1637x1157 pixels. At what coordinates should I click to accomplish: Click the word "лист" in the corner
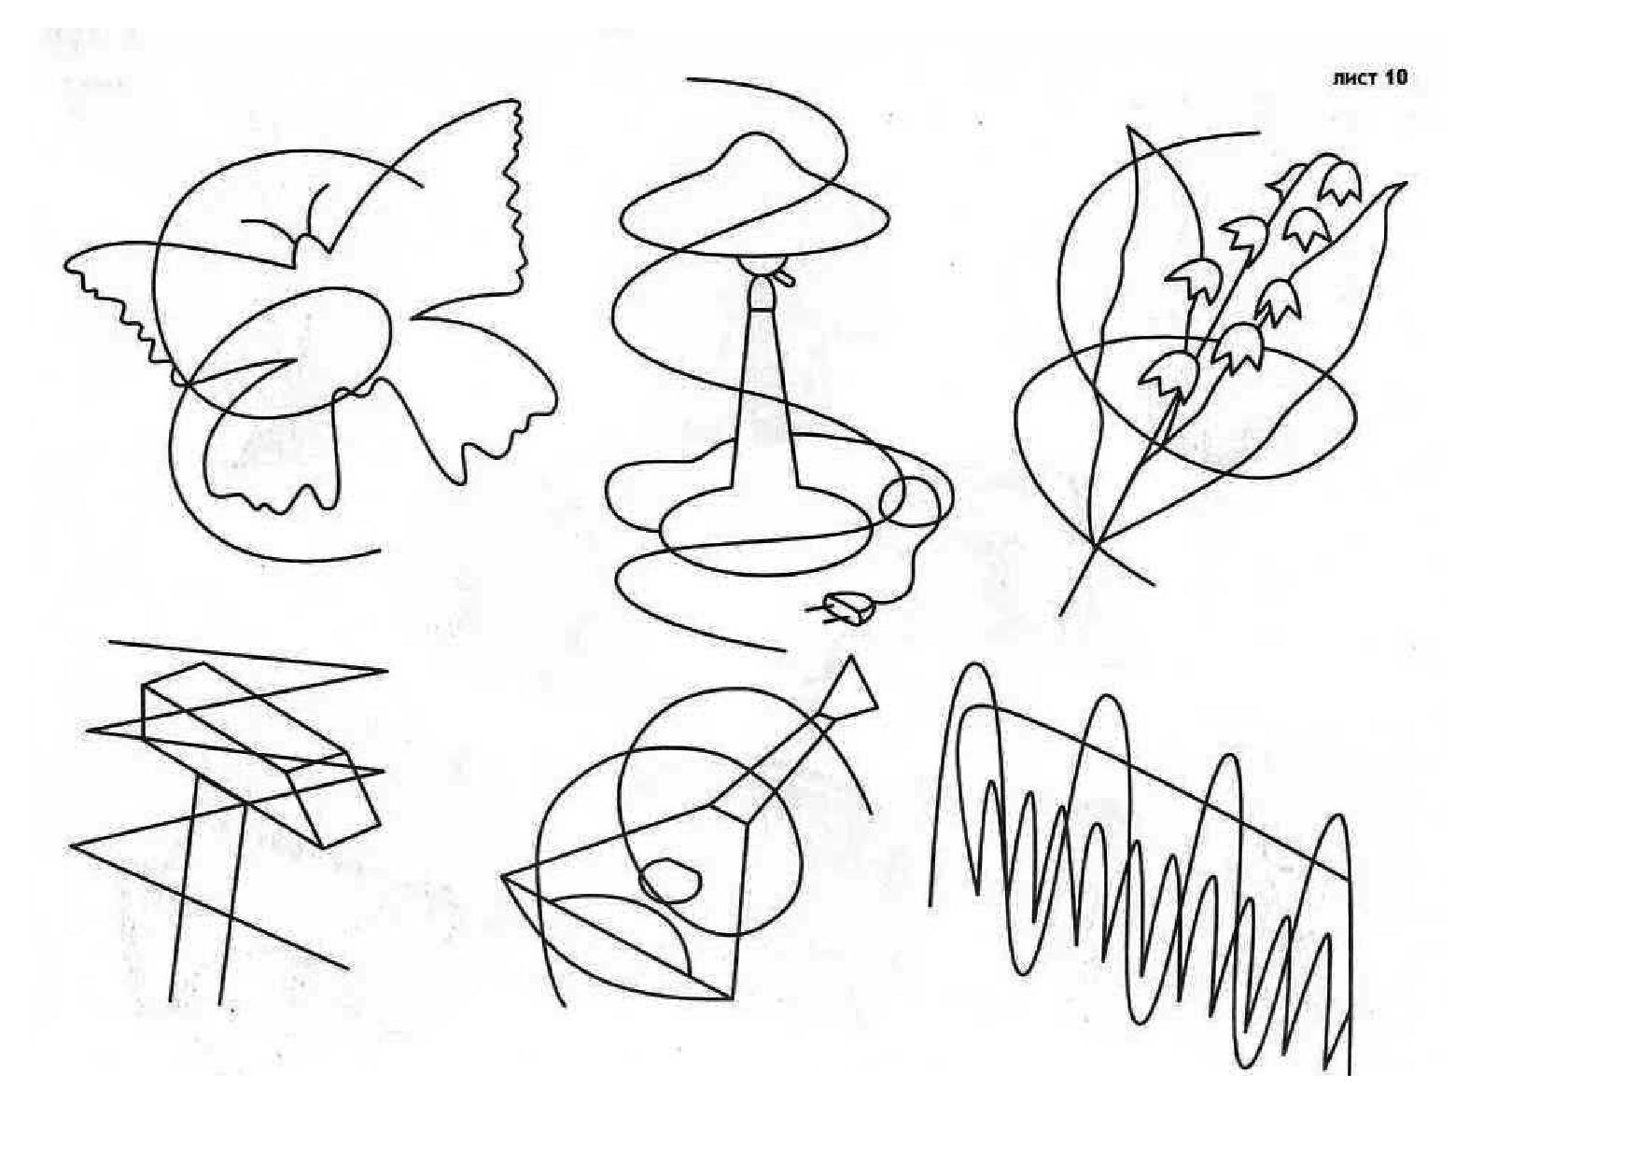tap(1352, 78)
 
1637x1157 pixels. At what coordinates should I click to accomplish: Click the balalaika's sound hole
tap(669, 879)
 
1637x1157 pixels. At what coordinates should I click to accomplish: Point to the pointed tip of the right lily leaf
tap(1403, 184)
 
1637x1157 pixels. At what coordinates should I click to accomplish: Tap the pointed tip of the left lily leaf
tap(1130, 128)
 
